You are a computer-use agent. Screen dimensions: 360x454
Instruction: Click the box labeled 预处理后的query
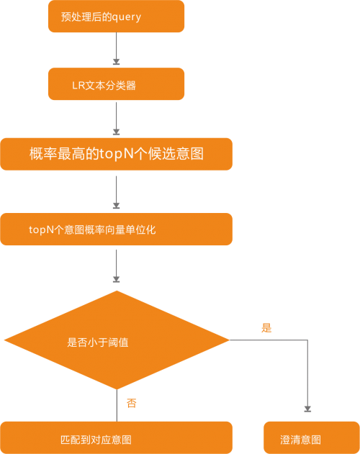(116, 17)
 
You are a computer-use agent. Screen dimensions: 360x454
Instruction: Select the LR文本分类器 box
(116, 84)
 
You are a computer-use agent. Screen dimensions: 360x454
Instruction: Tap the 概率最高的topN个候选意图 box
(116, 154)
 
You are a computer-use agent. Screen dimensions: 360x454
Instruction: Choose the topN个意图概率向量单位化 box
(116, 229)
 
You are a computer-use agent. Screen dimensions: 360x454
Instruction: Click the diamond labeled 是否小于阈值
(117, 340)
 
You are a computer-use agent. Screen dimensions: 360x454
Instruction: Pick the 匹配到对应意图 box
(116, 437)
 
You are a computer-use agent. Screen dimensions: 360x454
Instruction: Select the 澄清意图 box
(312, 437)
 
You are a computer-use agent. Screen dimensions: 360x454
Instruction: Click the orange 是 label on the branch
(266, 328)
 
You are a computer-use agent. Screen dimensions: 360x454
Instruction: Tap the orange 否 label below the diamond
(132, 403)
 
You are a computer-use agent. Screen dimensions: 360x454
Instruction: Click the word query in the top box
(127, 17)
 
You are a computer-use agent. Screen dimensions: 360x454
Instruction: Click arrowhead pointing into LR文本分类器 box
(116, 62)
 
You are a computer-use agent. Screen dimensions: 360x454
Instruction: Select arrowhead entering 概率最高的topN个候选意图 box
(116, 132)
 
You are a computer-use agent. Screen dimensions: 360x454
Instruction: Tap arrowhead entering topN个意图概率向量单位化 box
(116, 206)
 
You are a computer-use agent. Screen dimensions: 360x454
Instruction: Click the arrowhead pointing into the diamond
(116, 279)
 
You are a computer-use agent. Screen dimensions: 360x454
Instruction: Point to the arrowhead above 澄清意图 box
(307, 409)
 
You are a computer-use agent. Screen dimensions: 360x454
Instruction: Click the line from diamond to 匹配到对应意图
(117, 405)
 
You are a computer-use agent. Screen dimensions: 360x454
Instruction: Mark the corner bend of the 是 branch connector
(307, 340)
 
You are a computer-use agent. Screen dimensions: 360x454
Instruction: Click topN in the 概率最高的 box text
(117, 154)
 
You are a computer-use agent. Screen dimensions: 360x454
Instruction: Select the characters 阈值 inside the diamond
(118, 342)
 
